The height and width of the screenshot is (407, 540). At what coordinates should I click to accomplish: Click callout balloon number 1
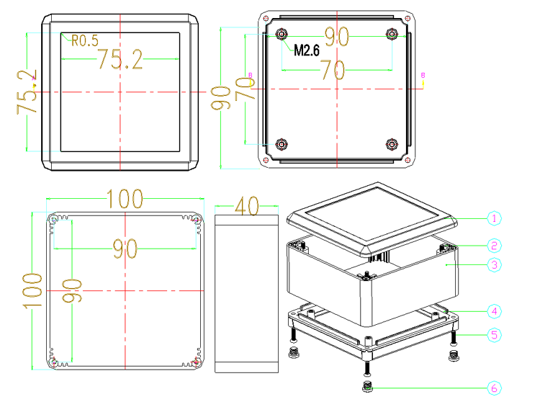pyautogui.click(x=494, y=218)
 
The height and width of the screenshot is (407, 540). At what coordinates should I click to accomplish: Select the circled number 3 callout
pyautogui.click(x=494, y=265)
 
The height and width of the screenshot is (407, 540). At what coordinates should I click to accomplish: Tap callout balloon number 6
pyautogui.click(x=494, y=388)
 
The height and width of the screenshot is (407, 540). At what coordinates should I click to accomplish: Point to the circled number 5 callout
pyautogui.click(x=494, y=335)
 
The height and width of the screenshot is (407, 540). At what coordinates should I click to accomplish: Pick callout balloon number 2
pyautogui.click(x=494, y=246)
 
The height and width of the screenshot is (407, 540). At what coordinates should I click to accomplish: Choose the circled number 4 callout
pyautogui.click(x=494, y=311)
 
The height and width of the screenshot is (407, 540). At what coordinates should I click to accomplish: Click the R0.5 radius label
pyautogui.click(x=85, y=40)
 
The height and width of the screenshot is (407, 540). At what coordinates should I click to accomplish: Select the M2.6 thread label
pyautogui.click(x=307, y=50)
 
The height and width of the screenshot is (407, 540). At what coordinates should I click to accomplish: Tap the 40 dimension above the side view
pyautogui.click(x=246, y=206)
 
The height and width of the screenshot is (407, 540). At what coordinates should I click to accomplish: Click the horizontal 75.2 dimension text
pyautogui.click(x=120, y=59)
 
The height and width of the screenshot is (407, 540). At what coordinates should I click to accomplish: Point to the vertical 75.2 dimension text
pyautogui.click(x=27, y=92)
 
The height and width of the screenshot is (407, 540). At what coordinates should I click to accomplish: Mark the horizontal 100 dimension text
pyautogui.click(x=125, y=199)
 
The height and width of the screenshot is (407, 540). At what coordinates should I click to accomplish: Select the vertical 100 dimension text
pyautogui.click(x=32, y=291)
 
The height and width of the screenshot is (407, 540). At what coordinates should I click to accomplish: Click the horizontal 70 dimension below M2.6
pyautogui.click(x=333, y=70)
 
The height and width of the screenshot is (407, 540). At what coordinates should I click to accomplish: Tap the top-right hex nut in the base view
pyautogui.click(x=392, y=34)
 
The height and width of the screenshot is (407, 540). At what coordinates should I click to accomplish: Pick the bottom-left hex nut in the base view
pyautogui.click(x=282, y=144)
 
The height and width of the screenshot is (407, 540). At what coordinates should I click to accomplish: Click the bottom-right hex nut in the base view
pyautogui.click(x=392, y=144)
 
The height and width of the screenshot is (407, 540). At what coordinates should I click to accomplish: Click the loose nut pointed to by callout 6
pyautogui.click(x=367, y=387)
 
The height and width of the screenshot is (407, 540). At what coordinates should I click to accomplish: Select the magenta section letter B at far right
pyautogui.click(x=423, y=75)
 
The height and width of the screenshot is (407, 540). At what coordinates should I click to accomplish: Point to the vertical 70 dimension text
pyautogui.click(x=245, y=89)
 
